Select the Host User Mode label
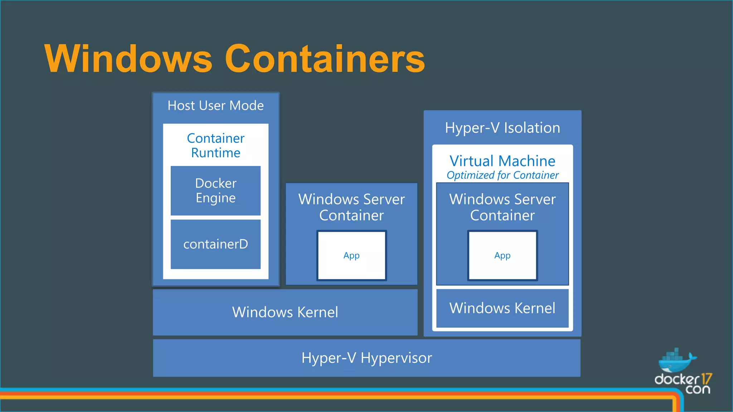(215, 106)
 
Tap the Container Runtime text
(215, 146)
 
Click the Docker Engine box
(215, 191)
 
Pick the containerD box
(215, 244)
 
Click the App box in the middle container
(351, 255)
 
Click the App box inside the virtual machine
(502, 255)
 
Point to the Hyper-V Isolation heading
(502, 128)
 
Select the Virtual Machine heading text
(502, 161)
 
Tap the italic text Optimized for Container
(502, 175)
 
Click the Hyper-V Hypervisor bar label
(366, 358)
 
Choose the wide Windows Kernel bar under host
(285, 312)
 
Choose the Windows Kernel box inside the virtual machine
(502, 308)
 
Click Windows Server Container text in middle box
(351, 207)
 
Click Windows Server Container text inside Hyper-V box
(502, 207)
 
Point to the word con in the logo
(698, 389)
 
